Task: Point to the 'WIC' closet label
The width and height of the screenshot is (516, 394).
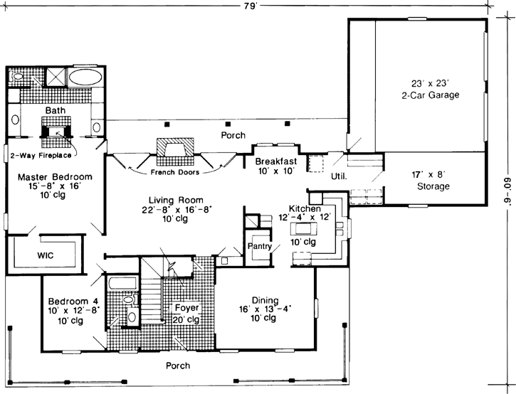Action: click(x=45, y=255)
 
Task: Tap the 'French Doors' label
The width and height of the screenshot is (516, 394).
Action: click(x=174, y=172)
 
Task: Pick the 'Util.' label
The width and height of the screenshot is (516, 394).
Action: click(x=339, y=176)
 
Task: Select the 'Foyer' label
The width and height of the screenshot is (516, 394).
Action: click(x=186, y=308)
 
